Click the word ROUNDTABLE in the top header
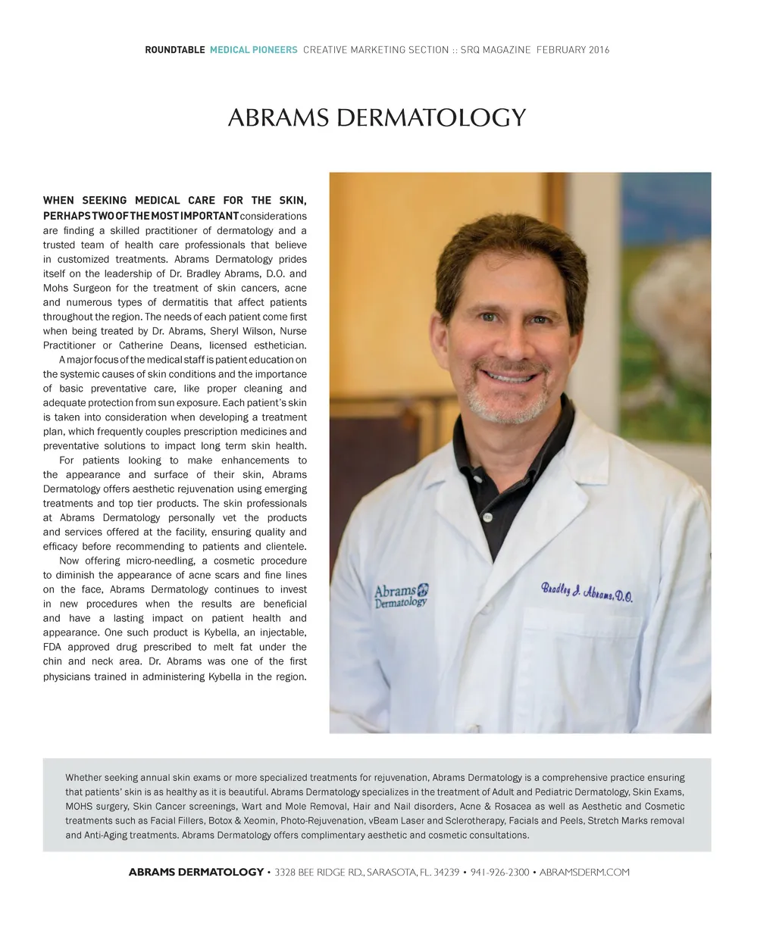(175, 50)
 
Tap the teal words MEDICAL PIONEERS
(253, 50)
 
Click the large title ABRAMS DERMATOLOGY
(377, 118)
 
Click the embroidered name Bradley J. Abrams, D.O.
(587, 592)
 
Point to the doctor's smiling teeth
(510, 376)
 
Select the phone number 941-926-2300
(499, 873)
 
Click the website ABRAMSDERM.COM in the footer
(584, 873)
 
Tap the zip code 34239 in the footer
(446, 873)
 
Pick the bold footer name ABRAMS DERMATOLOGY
(196, 873)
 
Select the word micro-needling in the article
(159, 561)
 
